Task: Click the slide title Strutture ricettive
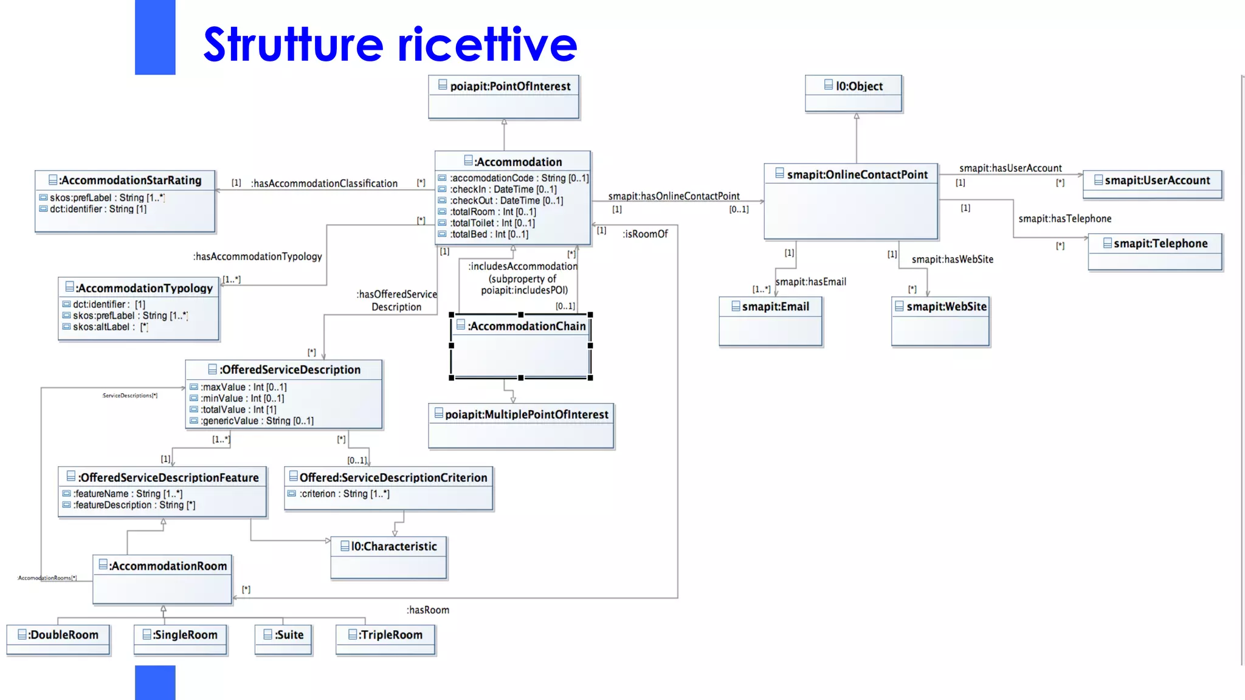(x=389, y=44)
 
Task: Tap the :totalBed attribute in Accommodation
(x=489, y=235)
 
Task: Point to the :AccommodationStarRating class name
(x=130, y=180)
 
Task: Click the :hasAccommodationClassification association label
(x=324, y=184)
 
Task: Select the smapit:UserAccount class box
(x=1152, y=184)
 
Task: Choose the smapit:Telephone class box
(x=1154, y=251)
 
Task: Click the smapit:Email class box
(x=770, y=321)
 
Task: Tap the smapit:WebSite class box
(x=940, y=321)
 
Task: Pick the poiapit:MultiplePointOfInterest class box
(x=521, y=425)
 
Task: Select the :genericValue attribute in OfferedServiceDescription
(x=257, y=421)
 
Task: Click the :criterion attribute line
(x=344, y=494)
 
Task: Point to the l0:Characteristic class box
(x=388, y=557)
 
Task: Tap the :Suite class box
(x=283, y=639)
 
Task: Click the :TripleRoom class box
(x=385, y=639)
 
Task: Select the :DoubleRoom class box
(x=58, y=639)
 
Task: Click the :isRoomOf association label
(x=645, y=234)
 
